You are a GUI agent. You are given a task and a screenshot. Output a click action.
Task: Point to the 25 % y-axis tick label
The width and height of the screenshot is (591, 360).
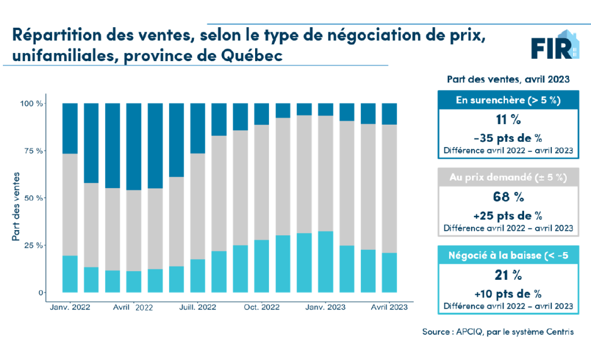[32, 246]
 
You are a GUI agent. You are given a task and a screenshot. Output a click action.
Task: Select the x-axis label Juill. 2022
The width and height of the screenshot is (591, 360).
[197, 307]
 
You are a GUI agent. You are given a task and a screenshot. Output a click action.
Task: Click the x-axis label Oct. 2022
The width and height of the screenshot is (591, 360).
[261, 307]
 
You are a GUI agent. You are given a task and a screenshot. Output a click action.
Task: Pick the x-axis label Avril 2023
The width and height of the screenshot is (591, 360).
[388, 307]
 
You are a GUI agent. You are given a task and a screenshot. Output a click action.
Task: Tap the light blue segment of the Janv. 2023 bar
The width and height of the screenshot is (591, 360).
[326, 262]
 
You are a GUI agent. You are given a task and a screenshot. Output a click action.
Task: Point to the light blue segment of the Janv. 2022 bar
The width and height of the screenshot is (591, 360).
[70, 273]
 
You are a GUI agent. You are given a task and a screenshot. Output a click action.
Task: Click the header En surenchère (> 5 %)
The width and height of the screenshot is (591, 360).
[507, 100]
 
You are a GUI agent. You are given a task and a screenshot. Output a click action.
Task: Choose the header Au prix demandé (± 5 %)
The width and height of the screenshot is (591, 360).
[507, 177]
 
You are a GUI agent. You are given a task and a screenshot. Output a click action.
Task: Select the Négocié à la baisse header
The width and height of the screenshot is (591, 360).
[507, 254]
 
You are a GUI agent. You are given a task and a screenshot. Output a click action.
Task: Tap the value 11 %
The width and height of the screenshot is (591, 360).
[507, 121]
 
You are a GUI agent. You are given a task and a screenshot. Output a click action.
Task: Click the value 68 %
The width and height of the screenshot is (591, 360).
[507, 197]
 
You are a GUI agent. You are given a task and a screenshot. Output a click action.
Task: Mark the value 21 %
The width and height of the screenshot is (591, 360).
[507, 275]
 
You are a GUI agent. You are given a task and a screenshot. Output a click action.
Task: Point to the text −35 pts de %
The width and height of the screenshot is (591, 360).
[507, 138]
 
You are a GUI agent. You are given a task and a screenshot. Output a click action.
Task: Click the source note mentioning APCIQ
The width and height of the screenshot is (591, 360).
[498, 332]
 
